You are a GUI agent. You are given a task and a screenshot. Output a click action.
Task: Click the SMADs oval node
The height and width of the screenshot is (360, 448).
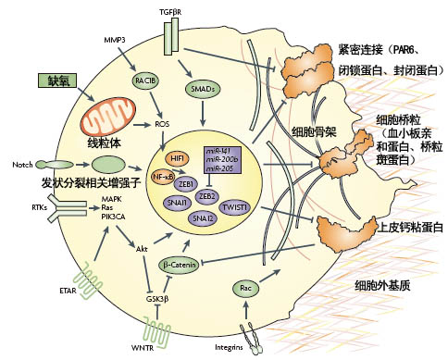click(x=203, y=89)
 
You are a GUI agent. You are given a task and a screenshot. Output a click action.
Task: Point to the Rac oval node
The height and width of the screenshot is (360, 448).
click(x=246, y=289)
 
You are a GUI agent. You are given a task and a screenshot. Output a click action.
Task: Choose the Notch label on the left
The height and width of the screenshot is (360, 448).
click(x=23, y=165)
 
